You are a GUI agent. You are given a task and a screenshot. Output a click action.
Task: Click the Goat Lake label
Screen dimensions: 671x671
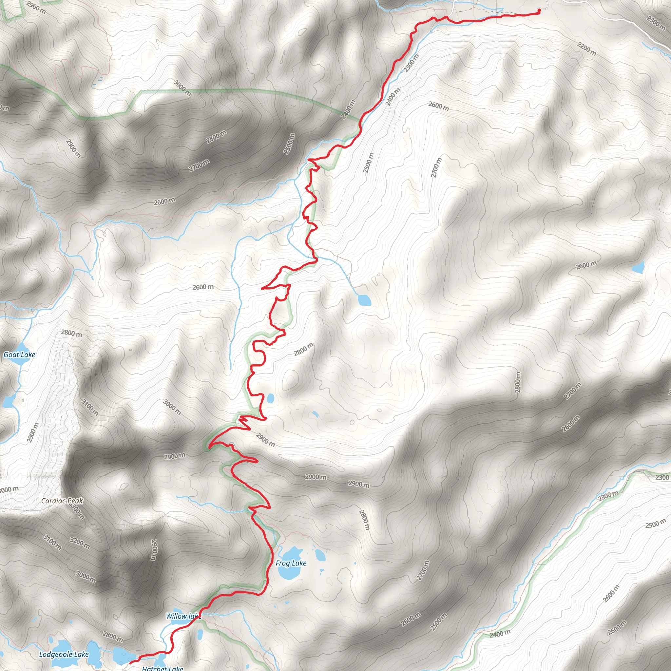(x=19, y=355)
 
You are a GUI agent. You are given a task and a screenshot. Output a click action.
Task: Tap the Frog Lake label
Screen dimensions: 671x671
(x=291, y=563)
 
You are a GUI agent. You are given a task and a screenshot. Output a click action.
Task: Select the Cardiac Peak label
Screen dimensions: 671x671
(x=62, y=501)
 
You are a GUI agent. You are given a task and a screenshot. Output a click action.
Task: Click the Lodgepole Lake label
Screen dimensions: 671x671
(x=64, y=654)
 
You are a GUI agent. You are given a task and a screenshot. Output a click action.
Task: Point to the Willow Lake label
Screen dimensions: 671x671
(x=183, y=616)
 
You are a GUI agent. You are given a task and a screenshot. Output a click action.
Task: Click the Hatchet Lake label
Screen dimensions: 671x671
(x=162, y=668)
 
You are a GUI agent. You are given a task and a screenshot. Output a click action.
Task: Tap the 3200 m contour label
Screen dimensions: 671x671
(x=80, y=543)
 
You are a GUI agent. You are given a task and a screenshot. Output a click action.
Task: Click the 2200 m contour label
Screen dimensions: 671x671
(x=587, y=49)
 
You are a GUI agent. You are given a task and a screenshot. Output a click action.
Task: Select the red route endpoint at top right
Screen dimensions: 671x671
(x=539, y=10)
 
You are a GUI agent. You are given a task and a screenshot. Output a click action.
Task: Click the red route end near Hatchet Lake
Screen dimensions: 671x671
(x=131, y=663)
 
